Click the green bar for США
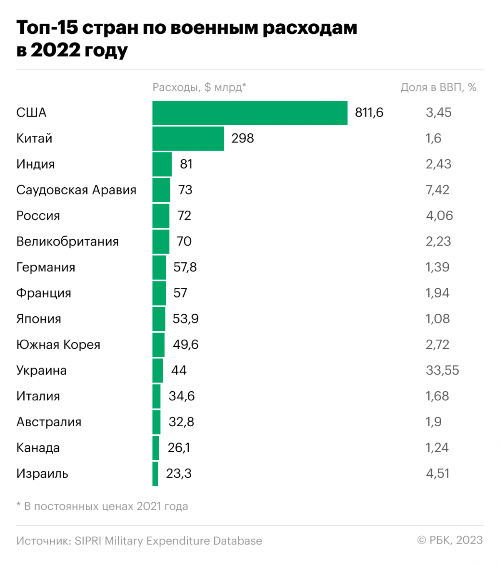coord(250,113)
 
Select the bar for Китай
coord(188,139)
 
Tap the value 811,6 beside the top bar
coord(369,113)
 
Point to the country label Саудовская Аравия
coord(76,190)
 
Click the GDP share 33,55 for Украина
coord(442,370)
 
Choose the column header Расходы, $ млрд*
coord(199,87)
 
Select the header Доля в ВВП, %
coord(438,87)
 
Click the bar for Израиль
coord(155,474)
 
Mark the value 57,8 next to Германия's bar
coord(185,267)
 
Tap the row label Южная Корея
coord(58,345)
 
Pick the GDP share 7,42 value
coord(437,190)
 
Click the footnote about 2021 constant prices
coord(102,507)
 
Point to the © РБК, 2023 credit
coord(450,540)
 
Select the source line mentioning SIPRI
coord(139,541)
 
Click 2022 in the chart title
coord(55,50)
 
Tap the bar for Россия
coord(161,216)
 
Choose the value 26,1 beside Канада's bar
coord(179,448)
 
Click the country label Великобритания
coord(67,242)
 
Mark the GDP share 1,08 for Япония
coord(437,319)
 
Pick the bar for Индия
coord(162,164)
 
